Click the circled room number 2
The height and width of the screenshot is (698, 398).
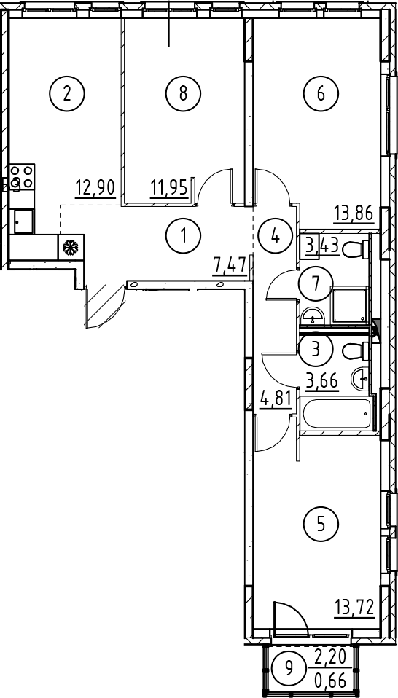coord(67,93)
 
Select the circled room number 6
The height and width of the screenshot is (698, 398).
coord(321,93)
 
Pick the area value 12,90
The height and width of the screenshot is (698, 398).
coord(95,187)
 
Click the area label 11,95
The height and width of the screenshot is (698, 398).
coord(168,187)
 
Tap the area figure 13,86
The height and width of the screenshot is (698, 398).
coord(353,215)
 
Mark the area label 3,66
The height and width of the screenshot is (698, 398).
coord(321,381)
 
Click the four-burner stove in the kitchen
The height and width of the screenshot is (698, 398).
coord(22,177)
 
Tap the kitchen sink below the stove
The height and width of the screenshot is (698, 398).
coord(22,221)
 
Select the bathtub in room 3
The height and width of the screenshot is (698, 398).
coord(337,414)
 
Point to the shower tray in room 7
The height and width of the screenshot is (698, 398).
coord(350,304)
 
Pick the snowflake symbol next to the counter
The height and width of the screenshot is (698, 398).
coord(70,247)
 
